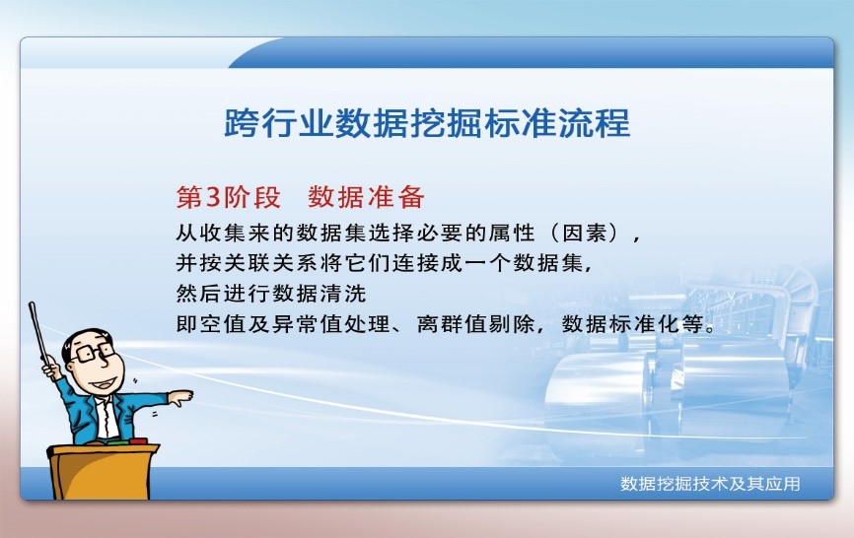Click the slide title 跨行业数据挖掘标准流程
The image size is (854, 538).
pyautogui.click(x=427, y=124)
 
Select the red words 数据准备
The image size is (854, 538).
pyautogui.click(x=366, y=197)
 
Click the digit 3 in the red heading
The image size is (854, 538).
pyautogui.click(x=211, y=197)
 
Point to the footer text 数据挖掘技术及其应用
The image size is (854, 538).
pyautogui.click(x=709, y=484)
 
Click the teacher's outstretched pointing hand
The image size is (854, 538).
pyautogui.click(x=180, y=398)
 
